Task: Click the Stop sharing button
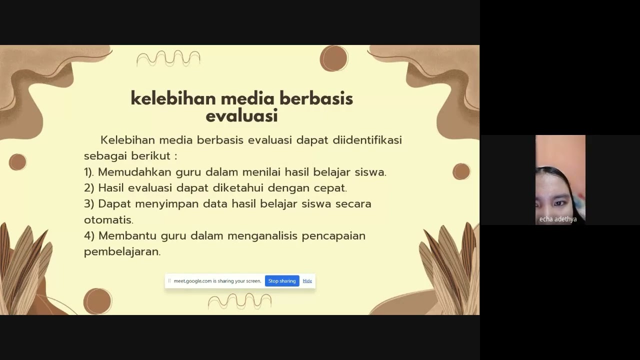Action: point(282,281)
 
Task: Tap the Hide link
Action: point(307,281)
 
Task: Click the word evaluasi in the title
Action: point(241,116)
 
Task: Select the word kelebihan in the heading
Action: point(172,98)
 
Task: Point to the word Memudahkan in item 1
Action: point(134,172)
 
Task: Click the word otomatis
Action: point(108,219)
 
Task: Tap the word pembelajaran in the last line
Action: point(122,251)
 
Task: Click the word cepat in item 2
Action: point(330,188)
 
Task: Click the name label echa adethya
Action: point(558,219)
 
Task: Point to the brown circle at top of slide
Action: point(334,58)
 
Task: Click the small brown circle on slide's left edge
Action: point(17,162)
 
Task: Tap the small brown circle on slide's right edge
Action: point(461,171)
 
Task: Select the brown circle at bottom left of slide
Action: point(97,301)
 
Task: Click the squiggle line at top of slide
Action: point(168,58)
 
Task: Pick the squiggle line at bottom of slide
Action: point(239,301)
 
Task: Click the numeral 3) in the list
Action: point(89,204)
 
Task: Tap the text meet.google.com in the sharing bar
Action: point(192,281)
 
